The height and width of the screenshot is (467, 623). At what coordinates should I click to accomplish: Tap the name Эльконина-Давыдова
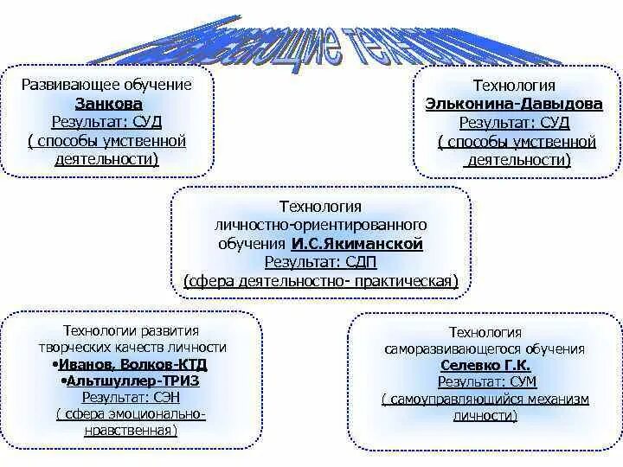point(514,103)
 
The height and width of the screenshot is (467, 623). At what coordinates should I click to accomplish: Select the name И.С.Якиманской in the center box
point(369,244)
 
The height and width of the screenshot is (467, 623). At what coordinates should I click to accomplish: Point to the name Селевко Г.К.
point(484,364)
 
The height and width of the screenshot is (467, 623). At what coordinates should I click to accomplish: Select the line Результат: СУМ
point(484,381)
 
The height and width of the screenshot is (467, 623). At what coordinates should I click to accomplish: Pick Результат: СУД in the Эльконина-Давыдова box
point(514,123)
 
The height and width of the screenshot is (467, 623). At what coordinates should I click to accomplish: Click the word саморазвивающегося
point(460,349)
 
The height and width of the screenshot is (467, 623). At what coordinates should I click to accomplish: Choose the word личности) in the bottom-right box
point(484,415)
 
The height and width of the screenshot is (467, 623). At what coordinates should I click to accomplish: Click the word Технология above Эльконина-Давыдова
point(514,86)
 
